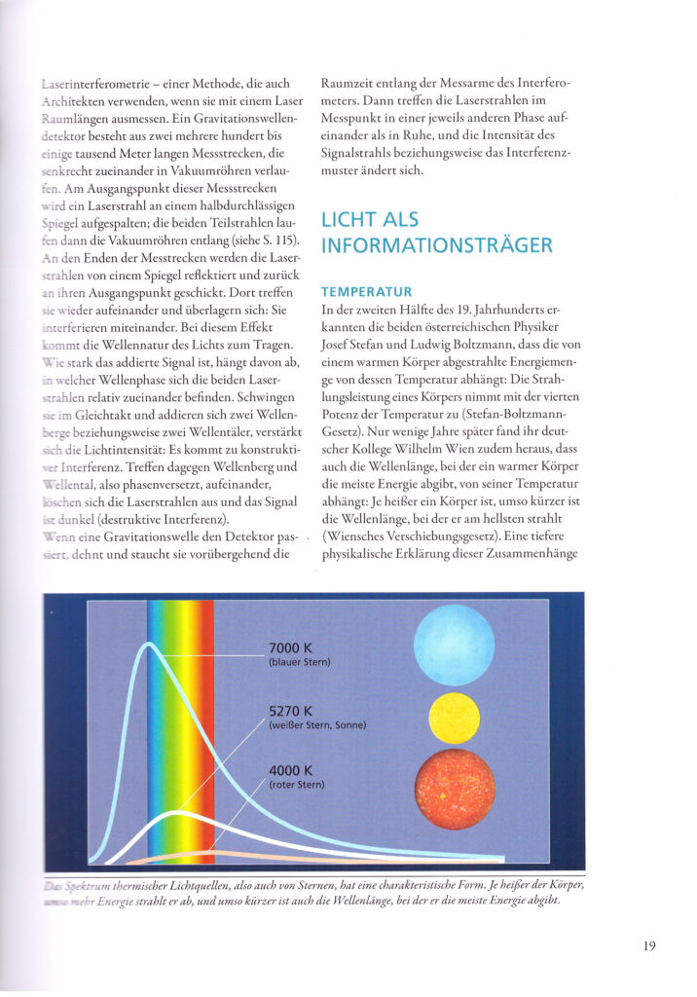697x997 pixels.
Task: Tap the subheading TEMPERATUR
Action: point(366,291)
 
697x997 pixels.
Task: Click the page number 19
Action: point(648,944)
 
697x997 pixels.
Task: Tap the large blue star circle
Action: point(454,645)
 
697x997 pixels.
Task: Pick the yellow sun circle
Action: point(454,718)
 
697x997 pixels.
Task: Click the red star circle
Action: point(454,789)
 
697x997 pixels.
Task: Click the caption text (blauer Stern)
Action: point(300,663)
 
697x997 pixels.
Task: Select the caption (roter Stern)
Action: point(297,785)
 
